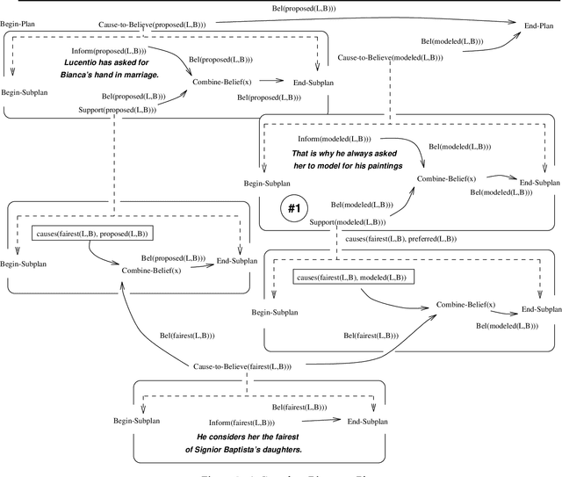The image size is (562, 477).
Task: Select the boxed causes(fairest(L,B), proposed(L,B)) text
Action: point(91,234)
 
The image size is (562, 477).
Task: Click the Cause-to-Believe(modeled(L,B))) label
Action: point(390,58)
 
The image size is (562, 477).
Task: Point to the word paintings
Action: point(378,164)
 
